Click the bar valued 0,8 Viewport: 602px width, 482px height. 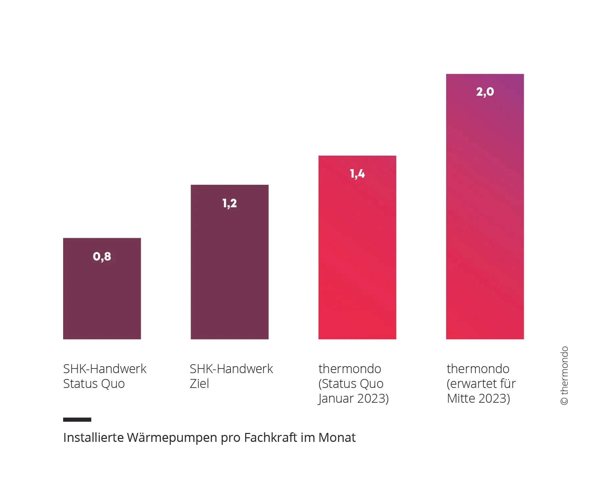click(102, 296)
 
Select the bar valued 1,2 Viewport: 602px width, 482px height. click(229, 270)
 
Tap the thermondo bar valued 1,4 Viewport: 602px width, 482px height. click(357, 257)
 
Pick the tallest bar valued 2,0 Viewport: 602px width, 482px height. click(485, 214)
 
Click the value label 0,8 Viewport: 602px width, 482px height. click(102, 256)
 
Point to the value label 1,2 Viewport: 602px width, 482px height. click(229, 203)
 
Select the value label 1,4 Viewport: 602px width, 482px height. click(357, 174)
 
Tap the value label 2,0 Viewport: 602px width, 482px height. click(485, 91)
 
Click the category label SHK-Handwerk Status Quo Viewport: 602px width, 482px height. click(105, 376)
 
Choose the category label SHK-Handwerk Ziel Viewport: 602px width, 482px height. click(231, 376)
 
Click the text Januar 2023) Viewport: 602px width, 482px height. click(353, 398)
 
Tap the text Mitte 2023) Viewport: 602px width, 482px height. click(478, 398)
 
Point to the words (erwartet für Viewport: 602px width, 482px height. click(481, 384)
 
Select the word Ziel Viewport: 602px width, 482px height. click(199, 384)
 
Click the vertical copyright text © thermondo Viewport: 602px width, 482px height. click(564, 375)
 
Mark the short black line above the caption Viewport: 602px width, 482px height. click(77, 419)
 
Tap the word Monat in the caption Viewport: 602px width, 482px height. click(337, 438)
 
